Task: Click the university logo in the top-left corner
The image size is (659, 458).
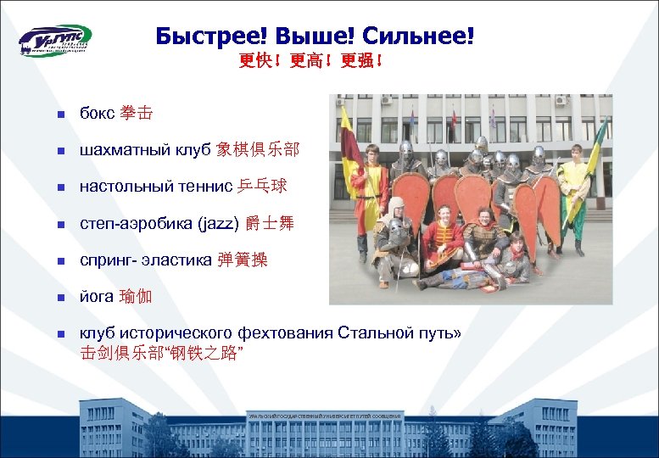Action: click(54, 40)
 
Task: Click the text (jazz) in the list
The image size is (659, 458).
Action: click(217, 224)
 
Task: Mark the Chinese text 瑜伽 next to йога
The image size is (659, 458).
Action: click(137, 297)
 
